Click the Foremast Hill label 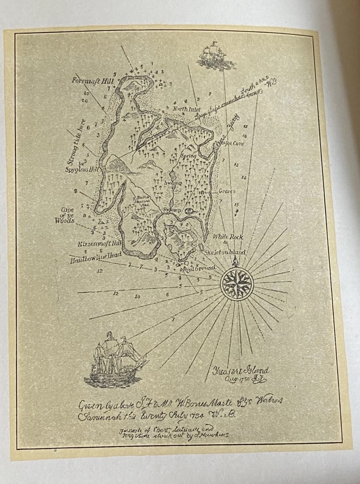tap(93, 81)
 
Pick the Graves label tap(227, 191)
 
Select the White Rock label tap(228, 237)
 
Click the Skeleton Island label tap(225, 253)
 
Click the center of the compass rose tap(236, 284)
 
